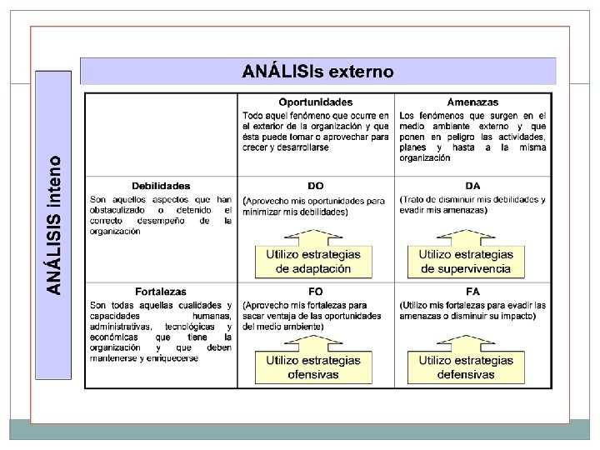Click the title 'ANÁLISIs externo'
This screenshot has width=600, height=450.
pos(317,72)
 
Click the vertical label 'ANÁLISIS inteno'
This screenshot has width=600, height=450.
pos(54,223)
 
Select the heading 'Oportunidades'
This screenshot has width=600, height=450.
pos(315,102)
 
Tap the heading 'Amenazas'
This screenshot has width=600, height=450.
pos(472,102)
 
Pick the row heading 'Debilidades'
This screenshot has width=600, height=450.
pos(161,186)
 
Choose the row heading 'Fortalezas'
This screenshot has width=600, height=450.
pos(161,292)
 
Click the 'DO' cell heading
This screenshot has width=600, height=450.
pos(316,186)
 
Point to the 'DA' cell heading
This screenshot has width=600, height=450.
pos(473,186)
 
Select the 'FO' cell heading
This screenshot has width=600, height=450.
pos(316,292)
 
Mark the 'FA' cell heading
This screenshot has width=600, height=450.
pos(473,292)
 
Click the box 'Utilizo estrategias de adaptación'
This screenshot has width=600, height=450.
pos(313,261)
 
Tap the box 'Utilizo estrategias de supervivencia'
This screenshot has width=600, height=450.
pos(466,261)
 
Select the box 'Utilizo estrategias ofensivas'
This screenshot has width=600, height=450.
pos(313,367)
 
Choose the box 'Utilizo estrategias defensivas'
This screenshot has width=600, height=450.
pos(466,367)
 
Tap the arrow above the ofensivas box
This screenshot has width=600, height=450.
pos(313,340)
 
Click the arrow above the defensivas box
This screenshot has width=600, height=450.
pos(465,340)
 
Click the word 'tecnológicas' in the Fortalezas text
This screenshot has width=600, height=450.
pos(190,327)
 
